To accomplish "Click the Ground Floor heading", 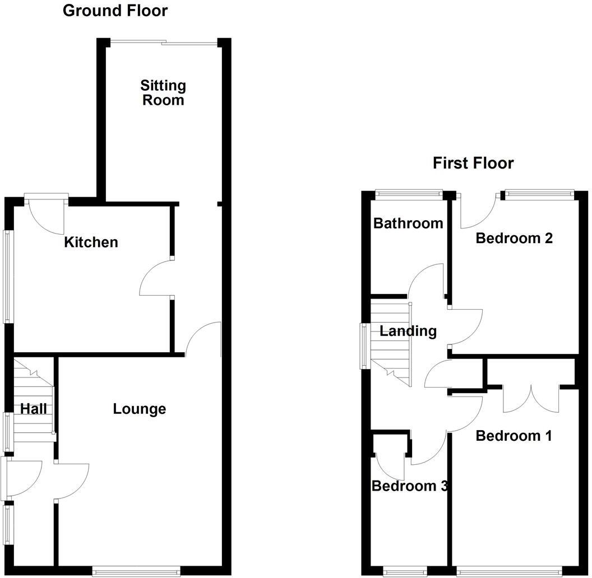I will click(x=115, y=11).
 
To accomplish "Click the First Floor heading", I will click(x=473, y=163).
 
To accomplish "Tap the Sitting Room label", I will click(x=163, y=93).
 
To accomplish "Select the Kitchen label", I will click(x=91, y=242).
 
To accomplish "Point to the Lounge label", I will click(x=140, y=409).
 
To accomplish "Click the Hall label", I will click(x=34, y=409).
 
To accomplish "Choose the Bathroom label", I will click(x=408, y=223).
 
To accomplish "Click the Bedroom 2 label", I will click(x=514, y=238).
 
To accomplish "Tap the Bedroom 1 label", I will click(x=514, y=435).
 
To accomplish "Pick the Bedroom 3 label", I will click(x=410, y=486).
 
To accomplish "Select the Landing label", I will click(x=408, y=331).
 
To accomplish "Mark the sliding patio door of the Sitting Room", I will click(x=163, y=42).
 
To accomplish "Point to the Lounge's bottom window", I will click(x=136, y=571).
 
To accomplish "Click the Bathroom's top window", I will click(x=408, y=194).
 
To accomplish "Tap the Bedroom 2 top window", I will click(x=539, y=194).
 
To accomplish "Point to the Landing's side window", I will click(x=365, y=345).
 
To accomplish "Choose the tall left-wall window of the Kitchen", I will click(x=8, y=276).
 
